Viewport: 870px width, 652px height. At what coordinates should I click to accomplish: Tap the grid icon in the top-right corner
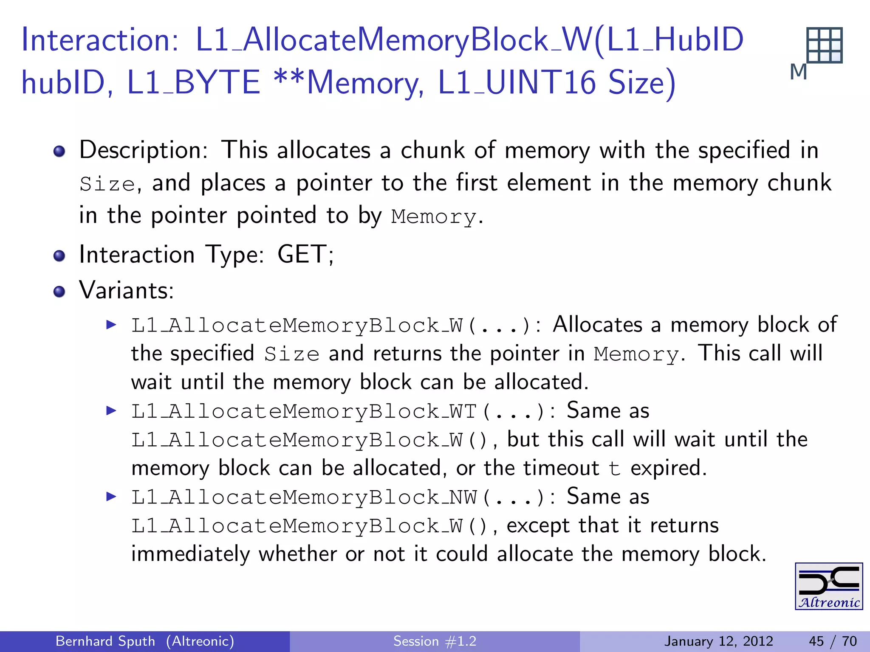(x=824, y=45)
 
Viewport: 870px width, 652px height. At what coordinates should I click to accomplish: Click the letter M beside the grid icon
(x=798, y=72)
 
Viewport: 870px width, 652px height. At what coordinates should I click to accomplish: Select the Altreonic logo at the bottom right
(x=828, y=586)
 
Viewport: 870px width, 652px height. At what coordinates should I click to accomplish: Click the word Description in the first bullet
(x=143, y=150)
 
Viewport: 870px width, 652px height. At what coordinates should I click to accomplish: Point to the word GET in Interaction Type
(x=302, y=255)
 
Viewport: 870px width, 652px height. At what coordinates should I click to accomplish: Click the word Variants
(x=126, y=291)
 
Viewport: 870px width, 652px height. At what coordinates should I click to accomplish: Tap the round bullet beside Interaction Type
(x=59, y=256)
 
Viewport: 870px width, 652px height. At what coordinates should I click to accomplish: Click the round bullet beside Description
(x=59, y=151)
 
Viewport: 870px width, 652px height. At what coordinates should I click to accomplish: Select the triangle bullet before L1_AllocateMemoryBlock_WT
(x=111, y=410)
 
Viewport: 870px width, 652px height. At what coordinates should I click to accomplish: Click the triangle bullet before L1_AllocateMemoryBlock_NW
(x=111, y=496)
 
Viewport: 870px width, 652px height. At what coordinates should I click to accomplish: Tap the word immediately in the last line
(x=191, y=554)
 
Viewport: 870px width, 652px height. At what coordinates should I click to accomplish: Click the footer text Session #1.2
(x=435, y=641)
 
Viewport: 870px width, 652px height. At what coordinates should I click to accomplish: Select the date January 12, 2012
(x=718, y=641)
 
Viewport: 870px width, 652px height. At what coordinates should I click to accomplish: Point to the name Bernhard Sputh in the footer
(x=105, y=641)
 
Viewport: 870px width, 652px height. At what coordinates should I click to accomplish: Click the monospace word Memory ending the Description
(x=433, y=217)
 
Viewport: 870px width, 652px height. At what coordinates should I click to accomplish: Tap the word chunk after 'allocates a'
(x=432, y=150)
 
